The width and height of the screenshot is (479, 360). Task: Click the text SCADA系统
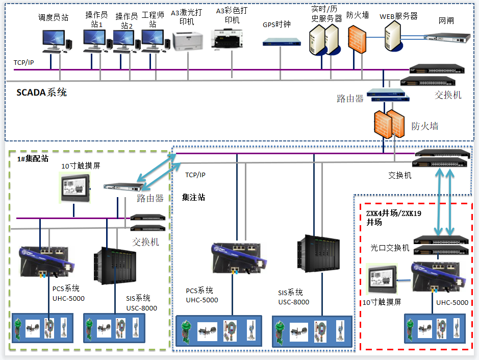tap(41, 93)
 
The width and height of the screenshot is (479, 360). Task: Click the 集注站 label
tap(194, 197)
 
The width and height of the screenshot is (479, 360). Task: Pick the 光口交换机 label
tap(390, 248)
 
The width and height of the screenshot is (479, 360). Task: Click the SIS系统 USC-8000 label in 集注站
tap(293, 297)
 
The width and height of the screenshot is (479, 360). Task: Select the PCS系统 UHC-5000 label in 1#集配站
tap(68, 294)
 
